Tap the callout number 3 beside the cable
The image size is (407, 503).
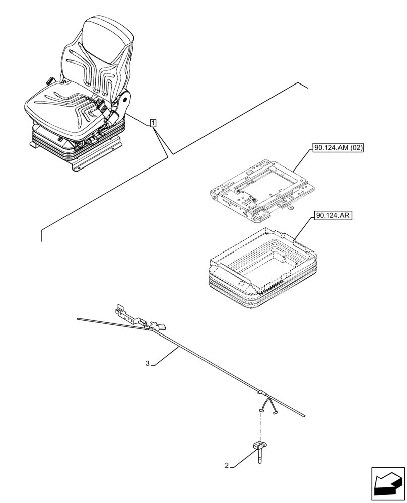[x=147, y=363]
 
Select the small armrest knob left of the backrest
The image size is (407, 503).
[x=50, y=80]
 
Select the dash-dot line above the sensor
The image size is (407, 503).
[x=261, y=426]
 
